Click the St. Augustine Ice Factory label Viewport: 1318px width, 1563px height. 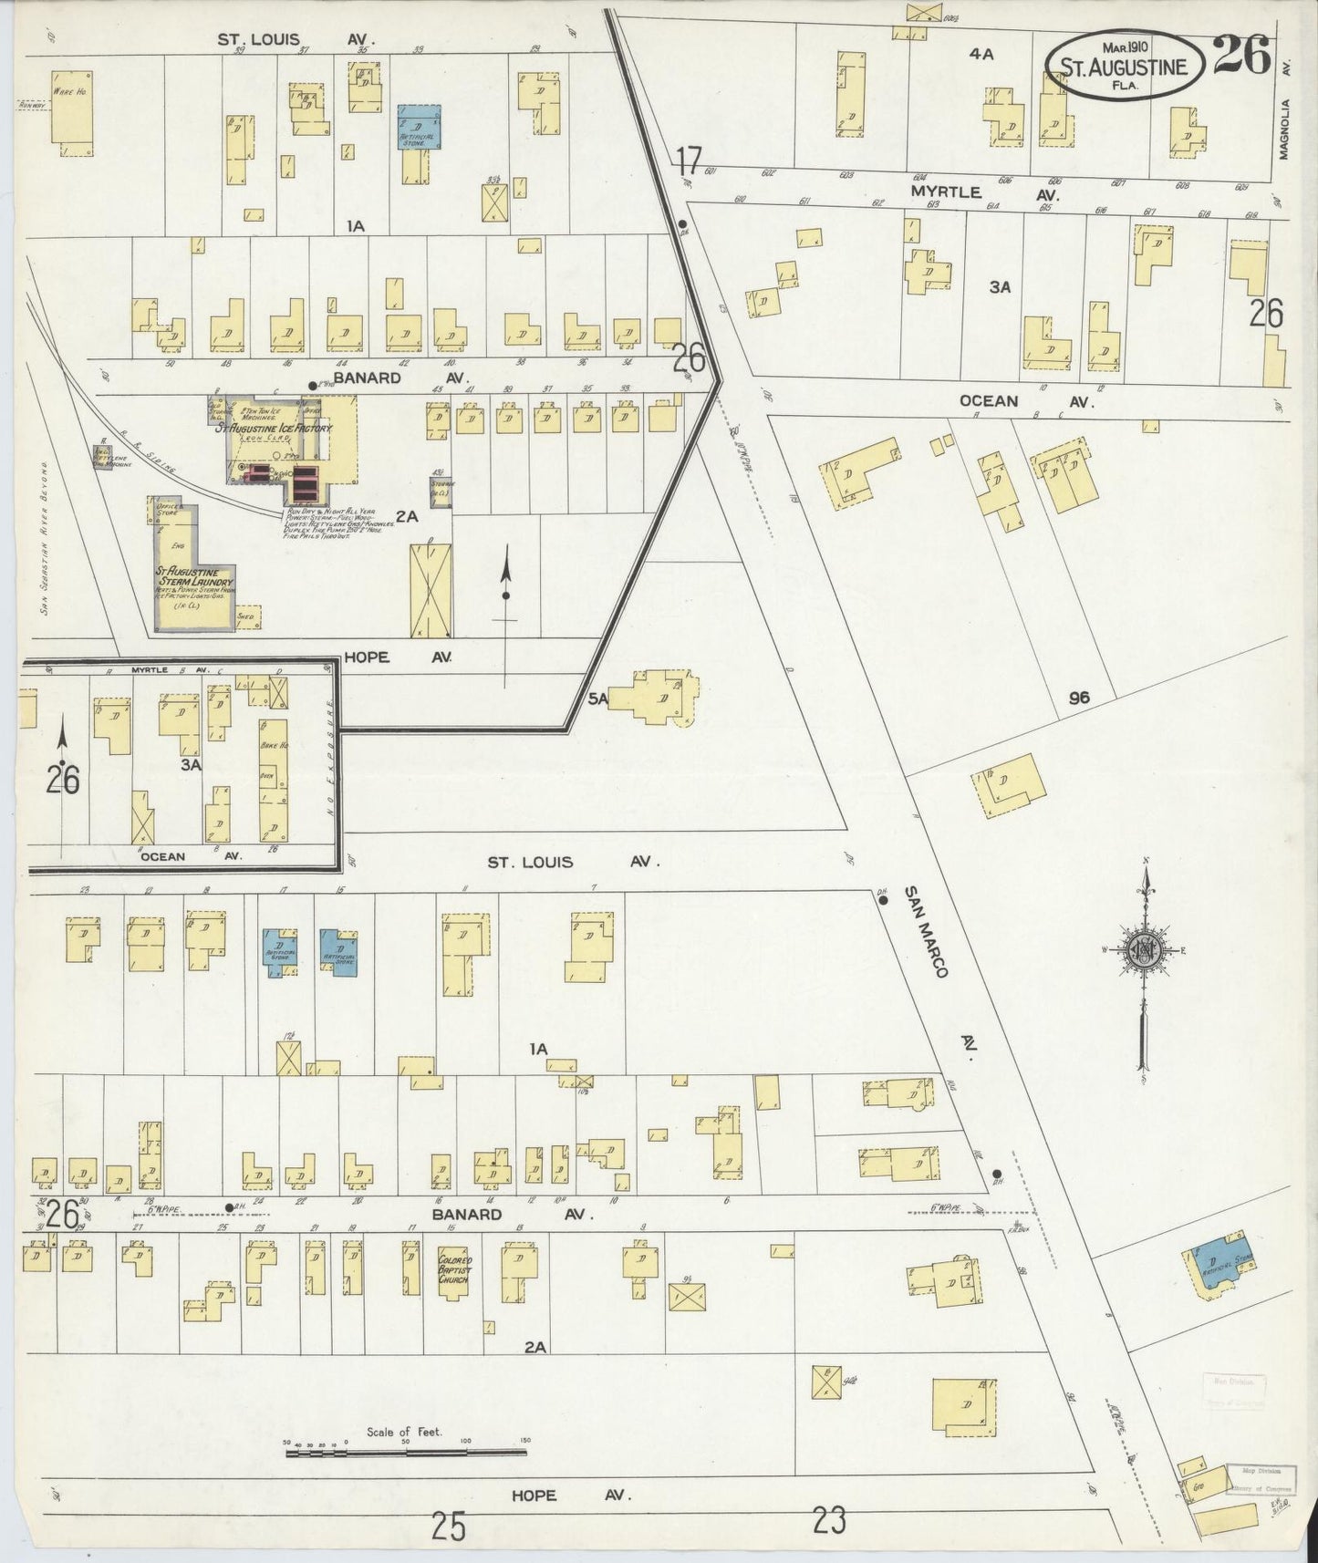point(275,427)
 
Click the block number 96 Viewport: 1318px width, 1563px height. point(1080,698)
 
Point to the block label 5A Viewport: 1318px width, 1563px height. point(597,698)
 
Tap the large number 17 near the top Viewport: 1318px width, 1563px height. point(690,161)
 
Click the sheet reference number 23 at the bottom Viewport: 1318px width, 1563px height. point(829,1520)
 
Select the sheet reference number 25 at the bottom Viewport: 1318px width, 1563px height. point(449,1525)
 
